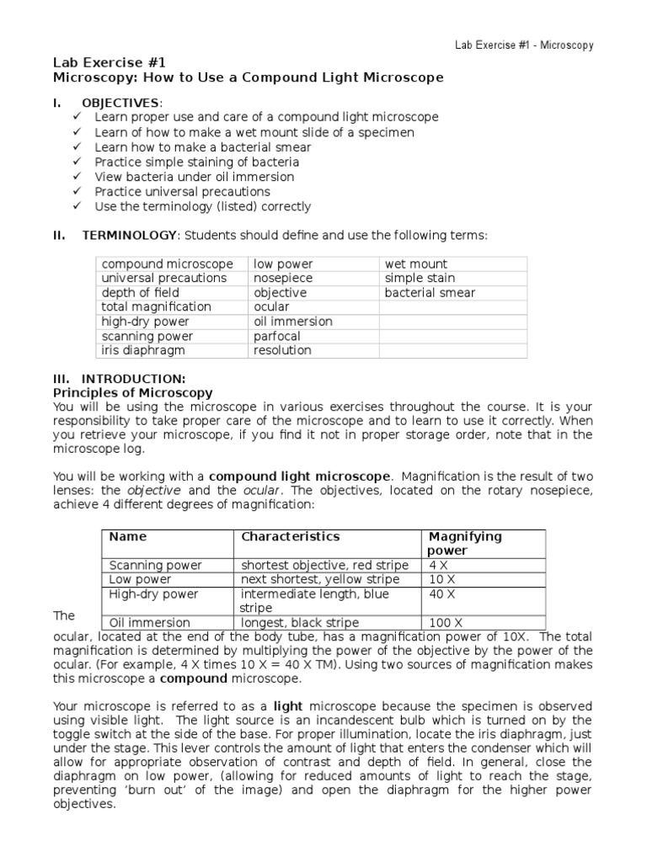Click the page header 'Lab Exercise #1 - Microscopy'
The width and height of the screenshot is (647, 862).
tap(524, 45)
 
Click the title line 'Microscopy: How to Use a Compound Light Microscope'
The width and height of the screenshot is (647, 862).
tap(248, 77)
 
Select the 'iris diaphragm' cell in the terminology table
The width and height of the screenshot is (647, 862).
tap(142, 350)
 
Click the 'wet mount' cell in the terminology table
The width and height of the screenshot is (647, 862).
tap(416, 263)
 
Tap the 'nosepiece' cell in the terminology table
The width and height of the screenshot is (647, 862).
tap(282, 278)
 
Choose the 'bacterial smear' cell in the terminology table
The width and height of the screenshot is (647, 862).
tap(430, 293)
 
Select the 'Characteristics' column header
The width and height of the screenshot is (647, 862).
tap(291, 536)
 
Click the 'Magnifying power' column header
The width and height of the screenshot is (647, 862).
tap(465, 543)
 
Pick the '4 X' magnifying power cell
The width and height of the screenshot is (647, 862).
tap(439, 565)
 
